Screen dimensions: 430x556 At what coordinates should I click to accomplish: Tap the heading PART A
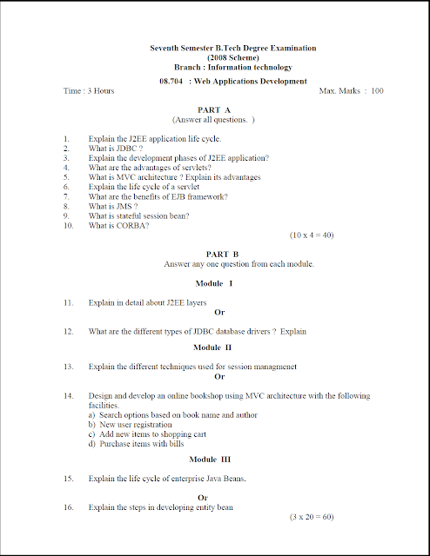213,110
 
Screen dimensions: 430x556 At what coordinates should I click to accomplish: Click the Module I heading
213,284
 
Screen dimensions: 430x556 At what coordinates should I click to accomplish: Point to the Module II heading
213,347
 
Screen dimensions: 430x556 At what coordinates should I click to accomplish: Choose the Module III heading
214,458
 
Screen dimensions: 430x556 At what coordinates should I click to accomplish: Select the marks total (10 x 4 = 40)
312,235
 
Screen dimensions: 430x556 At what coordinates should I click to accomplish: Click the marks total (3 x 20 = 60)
312,516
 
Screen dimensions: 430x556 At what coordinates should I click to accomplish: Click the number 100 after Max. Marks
377,90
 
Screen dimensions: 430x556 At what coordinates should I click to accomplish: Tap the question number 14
68,396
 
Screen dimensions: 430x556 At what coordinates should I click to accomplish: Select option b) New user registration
136,424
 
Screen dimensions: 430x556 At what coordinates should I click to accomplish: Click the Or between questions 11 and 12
219,311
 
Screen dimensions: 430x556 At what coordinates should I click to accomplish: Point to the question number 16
68,506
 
